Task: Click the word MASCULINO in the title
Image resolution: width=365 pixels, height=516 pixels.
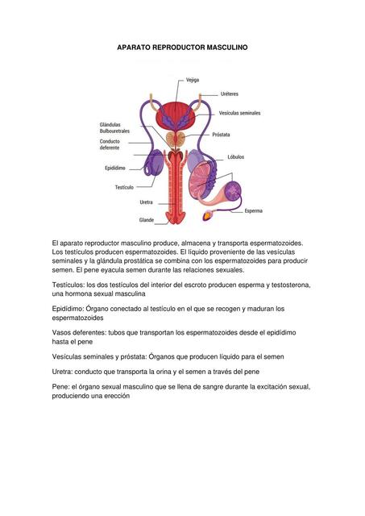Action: [222, 48]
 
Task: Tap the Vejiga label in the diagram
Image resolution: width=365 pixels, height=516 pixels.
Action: [193, 80]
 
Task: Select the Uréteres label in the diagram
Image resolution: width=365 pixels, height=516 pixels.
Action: [230, 94]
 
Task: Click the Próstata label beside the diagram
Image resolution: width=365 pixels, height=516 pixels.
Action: [220, 135]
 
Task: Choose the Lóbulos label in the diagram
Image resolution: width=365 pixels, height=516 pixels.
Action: [235, 156]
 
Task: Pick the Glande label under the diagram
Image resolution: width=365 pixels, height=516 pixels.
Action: [147, 219]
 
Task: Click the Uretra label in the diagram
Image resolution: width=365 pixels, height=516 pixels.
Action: [147, 202]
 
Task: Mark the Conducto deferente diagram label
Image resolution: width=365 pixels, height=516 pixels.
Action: [110, 144]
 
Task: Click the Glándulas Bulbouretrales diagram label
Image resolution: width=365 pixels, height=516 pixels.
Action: [114, 127]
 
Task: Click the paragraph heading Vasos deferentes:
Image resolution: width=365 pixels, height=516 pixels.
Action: [84, 332]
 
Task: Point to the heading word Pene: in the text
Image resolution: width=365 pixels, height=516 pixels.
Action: [63, 386]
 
